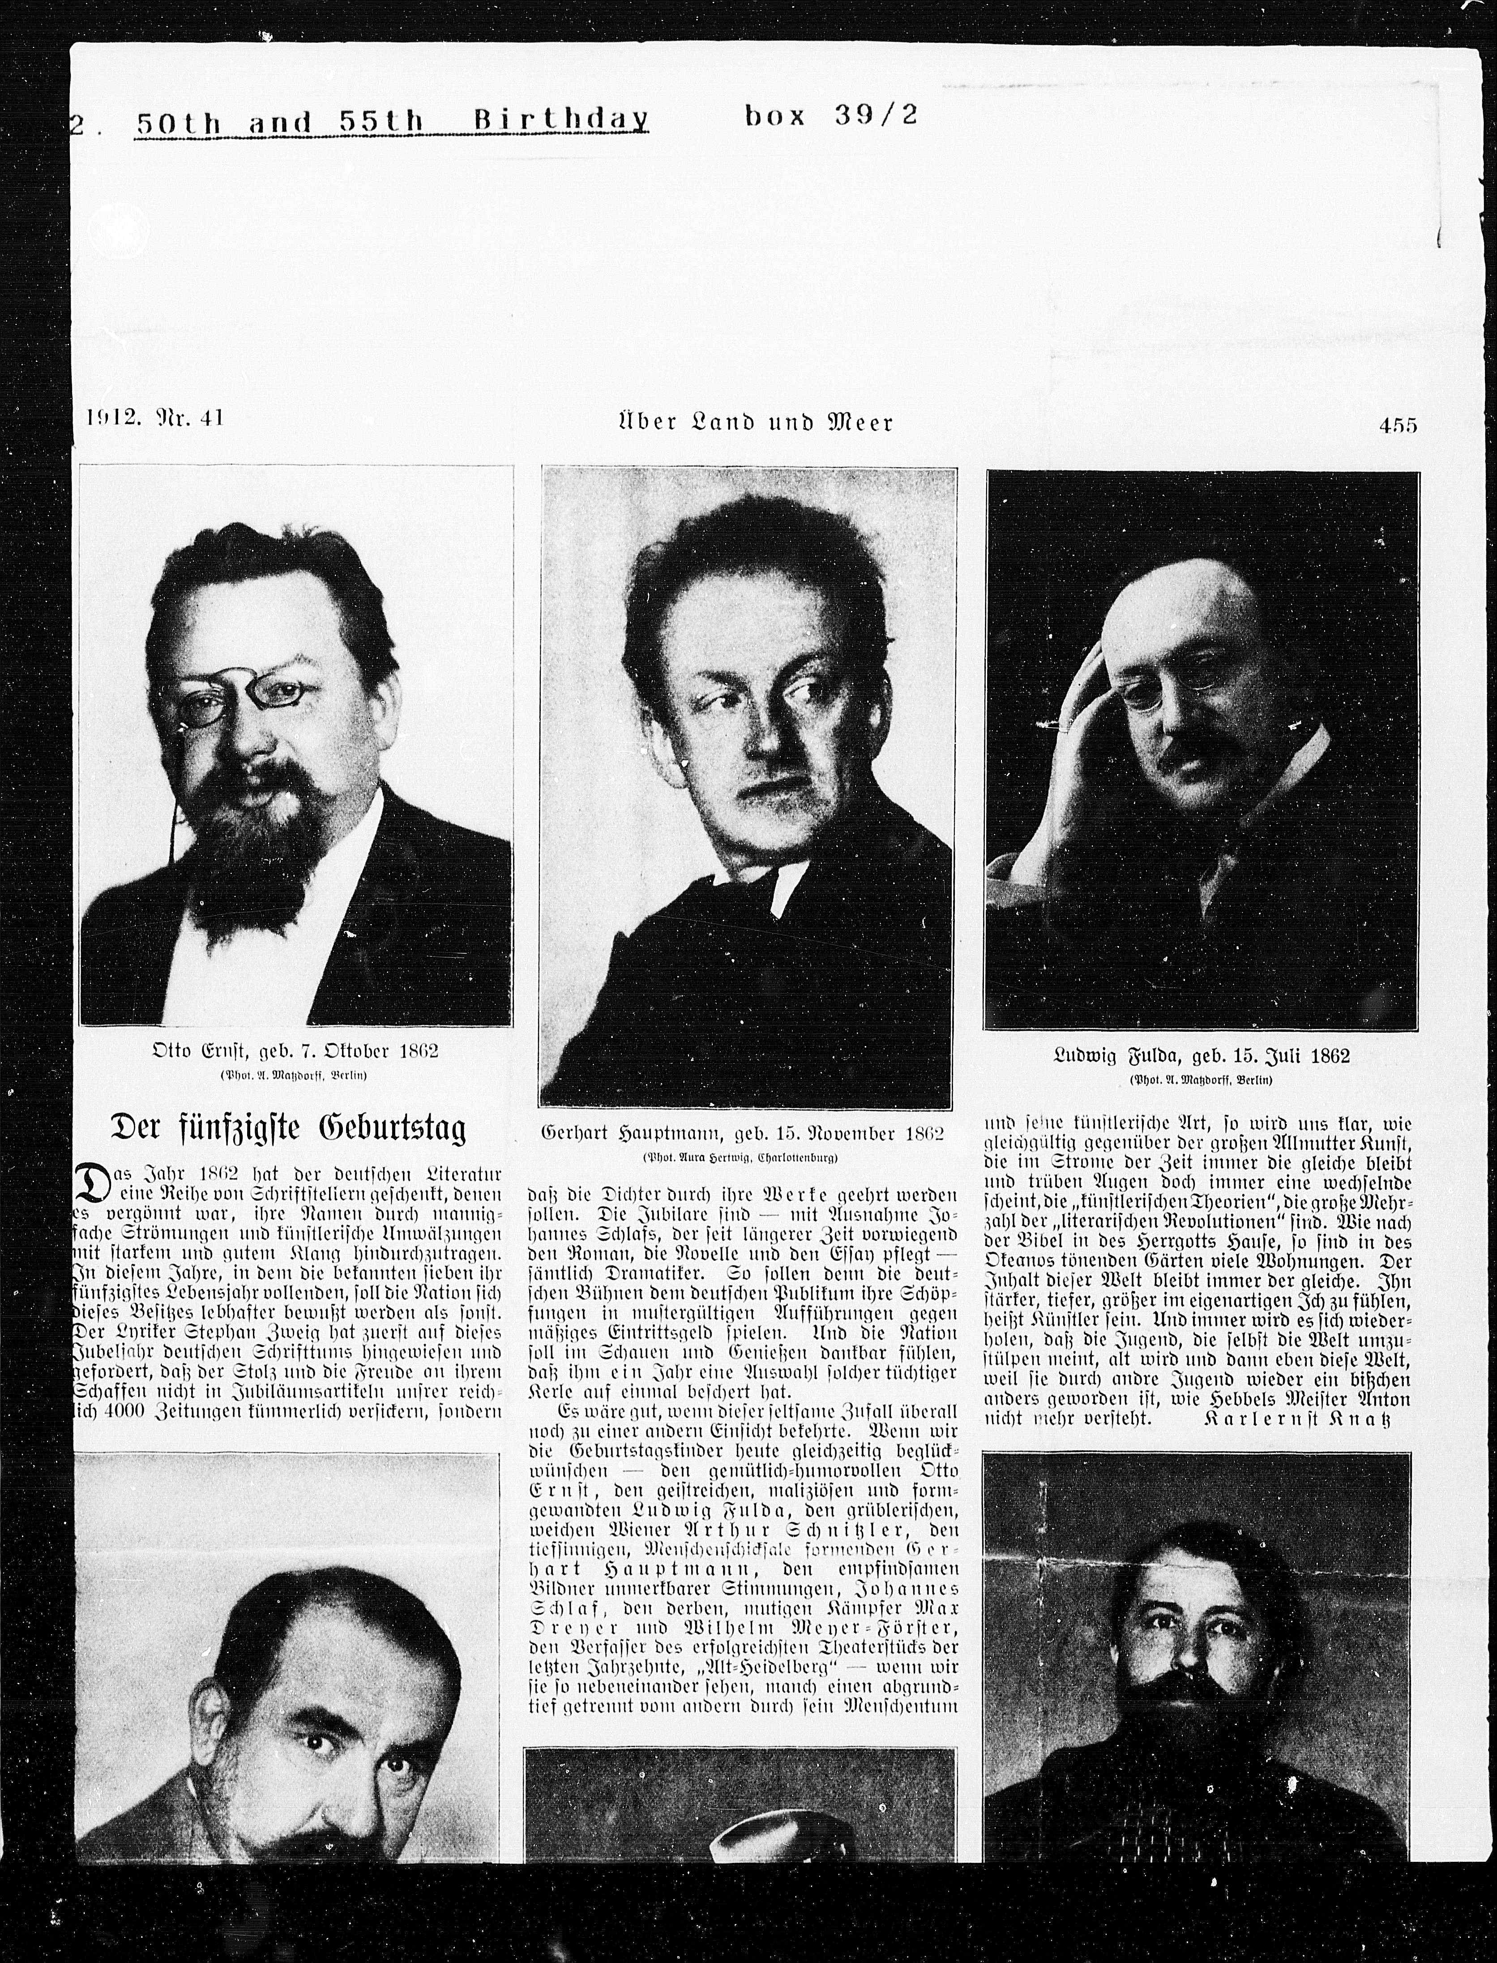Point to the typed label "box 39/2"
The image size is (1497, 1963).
pyautogui.click(x=829, y=116)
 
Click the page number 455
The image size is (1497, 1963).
pyautogui.click(x=1397, y=425)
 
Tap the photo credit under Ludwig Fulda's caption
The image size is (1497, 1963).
pyautogui.click(x=1201, y=1080)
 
